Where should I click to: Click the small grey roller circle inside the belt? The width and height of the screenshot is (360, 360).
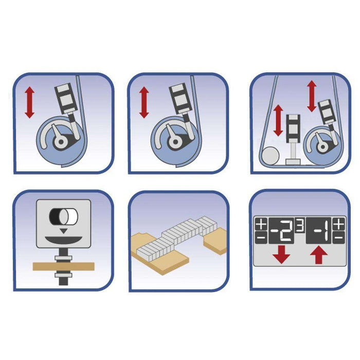271,156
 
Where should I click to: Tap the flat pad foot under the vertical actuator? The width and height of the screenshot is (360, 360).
293,161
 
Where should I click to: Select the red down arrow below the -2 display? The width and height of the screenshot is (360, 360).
281,255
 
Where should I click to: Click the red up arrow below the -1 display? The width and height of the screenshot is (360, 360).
319,255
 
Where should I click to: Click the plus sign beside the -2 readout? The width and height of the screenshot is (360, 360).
261,224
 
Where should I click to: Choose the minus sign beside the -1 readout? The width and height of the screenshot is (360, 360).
338,238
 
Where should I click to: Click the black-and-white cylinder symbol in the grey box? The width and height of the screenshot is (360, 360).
64,217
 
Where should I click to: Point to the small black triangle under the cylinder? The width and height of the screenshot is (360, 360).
64,231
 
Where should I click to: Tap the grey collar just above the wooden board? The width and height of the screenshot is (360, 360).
63,258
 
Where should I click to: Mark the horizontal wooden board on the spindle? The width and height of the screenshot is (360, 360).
64,266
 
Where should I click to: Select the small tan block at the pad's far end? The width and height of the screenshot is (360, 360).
215,241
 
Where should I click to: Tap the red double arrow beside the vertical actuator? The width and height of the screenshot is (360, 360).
279,120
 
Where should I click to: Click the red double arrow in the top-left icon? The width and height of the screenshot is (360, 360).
30,102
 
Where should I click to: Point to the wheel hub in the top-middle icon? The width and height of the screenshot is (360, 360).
176,142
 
